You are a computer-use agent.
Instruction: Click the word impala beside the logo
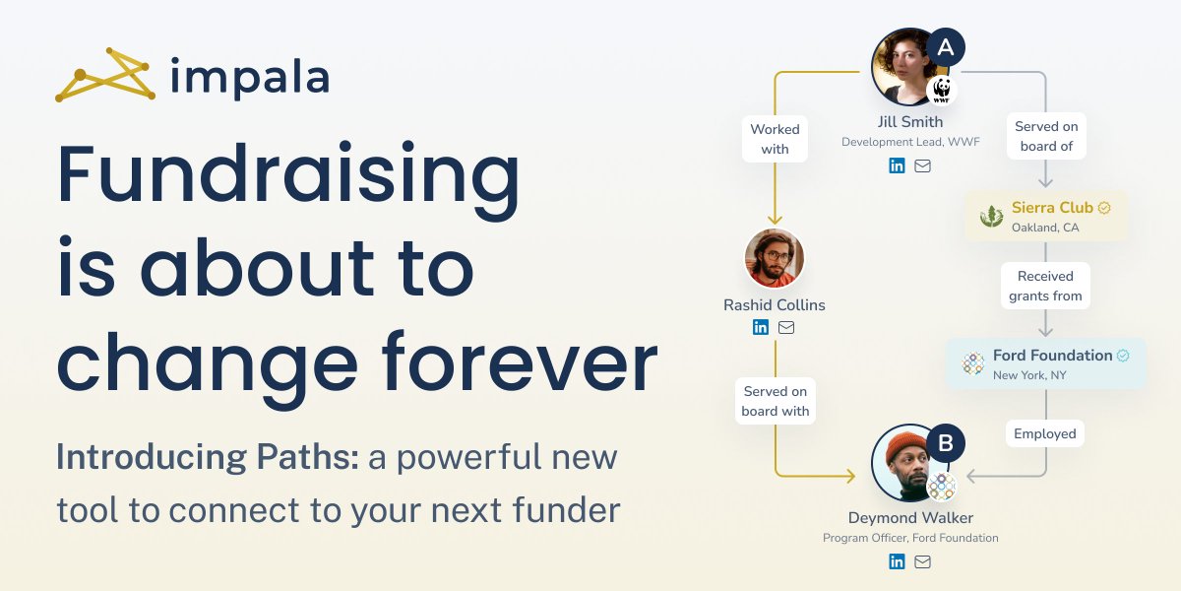(x=249, y=77)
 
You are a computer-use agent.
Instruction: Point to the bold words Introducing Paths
(x=208, y=457)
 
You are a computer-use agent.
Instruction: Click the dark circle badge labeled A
(x=945, y=47)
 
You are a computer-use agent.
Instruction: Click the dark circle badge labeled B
(x=945, y=444)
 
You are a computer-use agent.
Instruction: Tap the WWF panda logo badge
(x=942, y=92)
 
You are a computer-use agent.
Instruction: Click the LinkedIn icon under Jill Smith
(x=897, y=165)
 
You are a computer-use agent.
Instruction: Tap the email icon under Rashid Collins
(x=786, y=327)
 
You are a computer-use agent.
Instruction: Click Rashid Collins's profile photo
(x=775, y=258)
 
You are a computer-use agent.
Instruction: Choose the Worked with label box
(x=775, y=139)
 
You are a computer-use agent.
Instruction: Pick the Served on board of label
(x=1046, y=136)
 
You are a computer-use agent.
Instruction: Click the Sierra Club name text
(x=1052, y=208)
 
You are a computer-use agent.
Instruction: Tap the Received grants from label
(x=1045, y=286)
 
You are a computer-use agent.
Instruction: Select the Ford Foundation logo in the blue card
(x=973, y=363)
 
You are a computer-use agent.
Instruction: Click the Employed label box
(x=1045, y=433)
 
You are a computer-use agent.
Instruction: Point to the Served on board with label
(x=776, y=401)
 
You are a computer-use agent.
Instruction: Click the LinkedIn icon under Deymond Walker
(x=897, y=561)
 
